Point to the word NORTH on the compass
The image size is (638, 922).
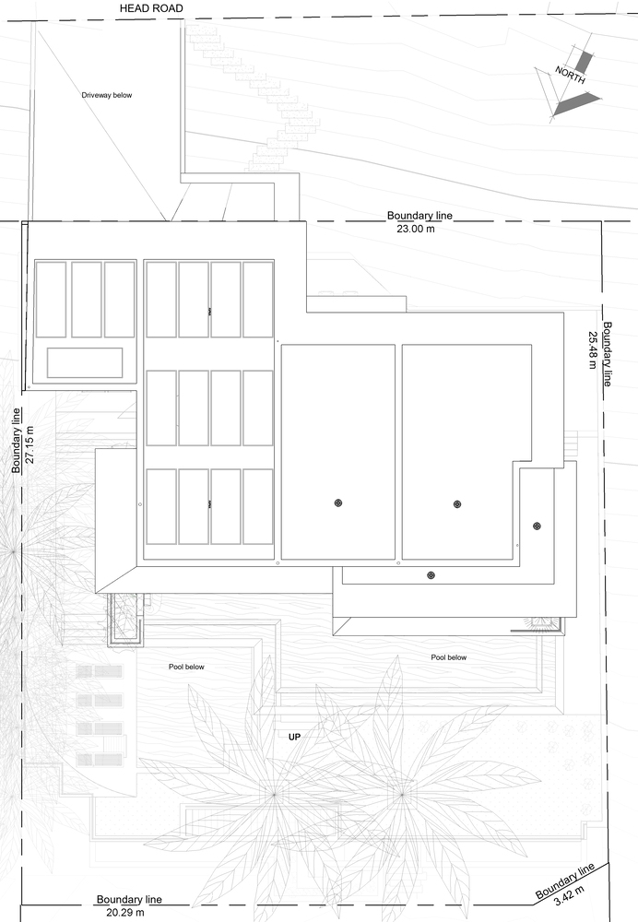[x=570, y=76]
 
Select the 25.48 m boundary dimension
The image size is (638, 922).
[x=591, y=349]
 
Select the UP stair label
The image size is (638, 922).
[x=295, y=737]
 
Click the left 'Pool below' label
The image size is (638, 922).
[x=186, y=666]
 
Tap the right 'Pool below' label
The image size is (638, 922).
[x=448, y=657]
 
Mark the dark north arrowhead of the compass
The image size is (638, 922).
[x=575, y=104]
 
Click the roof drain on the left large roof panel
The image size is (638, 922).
[x=338, y=502]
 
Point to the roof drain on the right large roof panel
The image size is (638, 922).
[x=456, y=503]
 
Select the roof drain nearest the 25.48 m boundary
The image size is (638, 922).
[x=537, y=526]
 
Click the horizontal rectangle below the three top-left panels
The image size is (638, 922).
[x=85, y=362]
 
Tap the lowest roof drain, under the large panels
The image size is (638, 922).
[x=431, y=574]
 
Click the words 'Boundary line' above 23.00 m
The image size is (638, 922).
[x=419, y=216]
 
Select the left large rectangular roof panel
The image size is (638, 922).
[x=338, y=452]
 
